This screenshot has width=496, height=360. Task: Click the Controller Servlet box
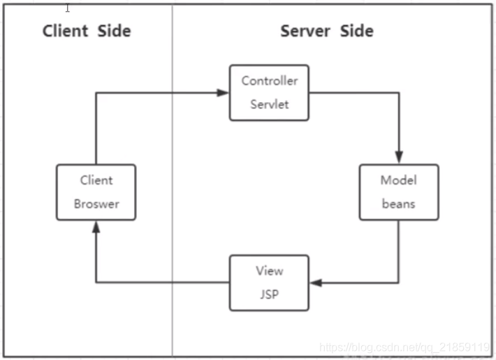(x=269, y=93)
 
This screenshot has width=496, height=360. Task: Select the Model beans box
(x=399, y=192)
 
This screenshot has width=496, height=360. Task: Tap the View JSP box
(x=269, y=282)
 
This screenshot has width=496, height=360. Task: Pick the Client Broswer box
(x=96, y=192)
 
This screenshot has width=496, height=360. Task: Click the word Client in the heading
(x=65, y=31)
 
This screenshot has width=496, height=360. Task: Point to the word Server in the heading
(x=305, y=31)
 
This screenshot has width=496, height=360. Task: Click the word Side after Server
(x=357, y=31)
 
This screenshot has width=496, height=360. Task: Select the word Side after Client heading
(x=114, y=31)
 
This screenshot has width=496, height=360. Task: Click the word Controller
(x=270, y=81)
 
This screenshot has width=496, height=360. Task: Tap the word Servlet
(x=270, y=104)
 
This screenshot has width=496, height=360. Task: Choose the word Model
(x=399, y=180)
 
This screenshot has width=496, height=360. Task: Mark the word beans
(x=399, y=204)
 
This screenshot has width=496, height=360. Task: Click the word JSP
(x=270, y=294)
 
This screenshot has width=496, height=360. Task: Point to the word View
(x=270, y=271)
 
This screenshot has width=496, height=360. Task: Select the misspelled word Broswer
(x=96, y=204)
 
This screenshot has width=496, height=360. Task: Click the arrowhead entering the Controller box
(x=223, y=93)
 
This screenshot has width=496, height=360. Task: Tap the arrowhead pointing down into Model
(x=399, y=157)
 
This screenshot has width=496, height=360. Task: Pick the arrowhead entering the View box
(x=316, y=282)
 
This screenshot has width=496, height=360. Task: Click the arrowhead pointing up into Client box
(x=96, y=227)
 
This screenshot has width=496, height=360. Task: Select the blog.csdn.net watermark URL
(x=404, y=347)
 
